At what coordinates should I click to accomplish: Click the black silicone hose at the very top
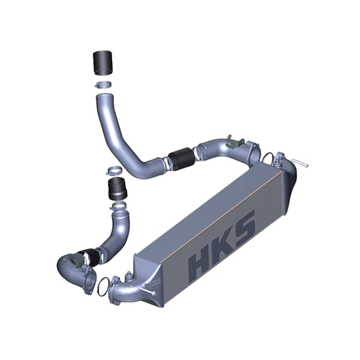tap(104, 62)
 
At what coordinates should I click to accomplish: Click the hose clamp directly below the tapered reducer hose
tap(118, 207)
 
